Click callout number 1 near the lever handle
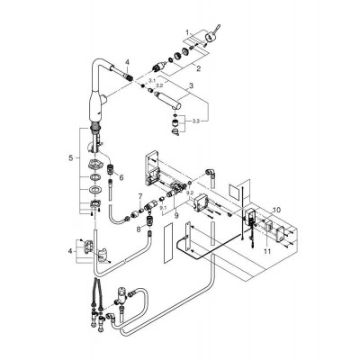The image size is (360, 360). [187, 31]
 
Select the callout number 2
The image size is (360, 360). [198, 69]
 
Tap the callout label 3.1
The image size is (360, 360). [151, 80]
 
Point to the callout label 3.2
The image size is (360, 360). [159, 85]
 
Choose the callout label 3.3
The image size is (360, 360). [195, 121]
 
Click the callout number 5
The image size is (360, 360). [71, 158]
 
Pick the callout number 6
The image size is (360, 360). [121, 178]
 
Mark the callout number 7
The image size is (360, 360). [139, 196]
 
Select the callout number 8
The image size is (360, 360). [139, 229]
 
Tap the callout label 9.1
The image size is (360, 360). [163, 207]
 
